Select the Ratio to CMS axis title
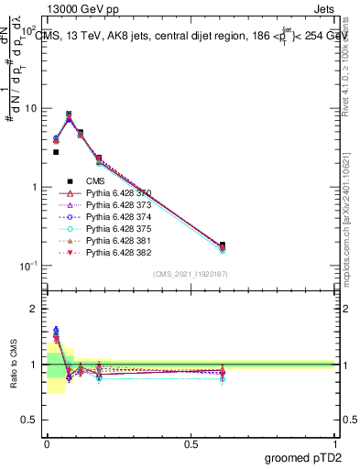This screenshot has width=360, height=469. click(x=12, y=364)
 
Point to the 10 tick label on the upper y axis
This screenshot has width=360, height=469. click(x=30, y=108)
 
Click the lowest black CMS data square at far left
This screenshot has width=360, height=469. click(x=56, y=152)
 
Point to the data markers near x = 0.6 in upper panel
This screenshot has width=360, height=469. click(x=223, y=246)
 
